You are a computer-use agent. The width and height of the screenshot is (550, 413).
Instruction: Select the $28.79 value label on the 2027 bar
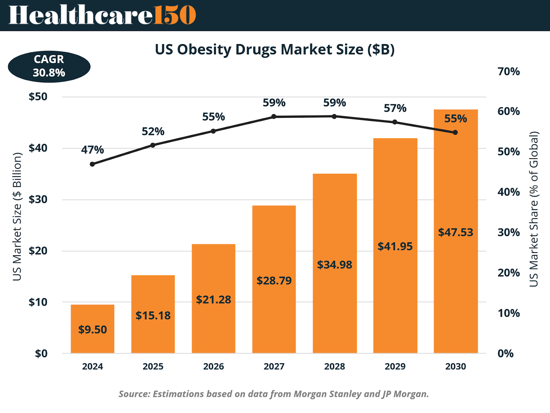pos(274,280)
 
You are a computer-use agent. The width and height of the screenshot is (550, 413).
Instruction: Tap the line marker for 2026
pos(213,131)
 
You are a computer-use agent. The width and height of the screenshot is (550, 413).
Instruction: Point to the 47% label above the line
pos(92,150)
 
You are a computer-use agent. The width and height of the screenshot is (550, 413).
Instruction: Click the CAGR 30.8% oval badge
pos(49,66)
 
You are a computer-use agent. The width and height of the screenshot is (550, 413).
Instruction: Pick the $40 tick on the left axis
pos(38,148)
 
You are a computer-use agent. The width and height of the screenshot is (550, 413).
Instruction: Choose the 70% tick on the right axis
pos(508,72)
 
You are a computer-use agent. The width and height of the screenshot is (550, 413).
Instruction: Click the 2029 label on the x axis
pos(395,366)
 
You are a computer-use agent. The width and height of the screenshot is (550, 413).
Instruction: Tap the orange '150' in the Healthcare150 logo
pos(175,15)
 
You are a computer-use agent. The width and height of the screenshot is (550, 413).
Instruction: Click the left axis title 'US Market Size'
pos(17,217)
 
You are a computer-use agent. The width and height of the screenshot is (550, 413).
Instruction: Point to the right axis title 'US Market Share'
pos(533,209)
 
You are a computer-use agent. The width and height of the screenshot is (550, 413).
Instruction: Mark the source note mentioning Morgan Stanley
pos(274,394)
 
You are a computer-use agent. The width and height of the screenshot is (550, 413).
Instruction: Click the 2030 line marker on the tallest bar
pos(455,133)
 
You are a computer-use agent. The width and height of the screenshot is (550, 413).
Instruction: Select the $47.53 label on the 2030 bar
pos(455,232)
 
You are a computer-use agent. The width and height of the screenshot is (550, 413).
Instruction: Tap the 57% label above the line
pos(395,108)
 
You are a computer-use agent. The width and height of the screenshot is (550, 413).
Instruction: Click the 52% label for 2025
pos(153,131)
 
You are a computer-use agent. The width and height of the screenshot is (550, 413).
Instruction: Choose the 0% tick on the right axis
pos(505,353)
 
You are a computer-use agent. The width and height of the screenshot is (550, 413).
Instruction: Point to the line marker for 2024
pos(92,164)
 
